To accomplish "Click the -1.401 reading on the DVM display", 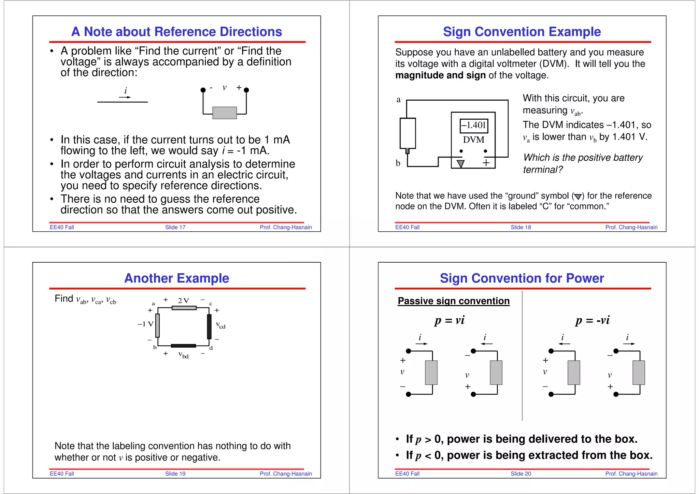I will [474, 125].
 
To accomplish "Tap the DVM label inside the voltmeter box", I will [473, 140].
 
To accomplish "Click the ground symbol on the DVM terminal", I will [460, 164].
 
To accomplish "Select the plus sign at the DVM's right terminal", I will [486, 163].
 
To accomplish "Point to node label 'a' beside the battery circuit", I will [398, 100].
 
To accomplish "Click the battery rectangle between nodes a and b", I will [408, 133].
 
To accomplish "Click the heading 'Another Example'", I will [176, 278].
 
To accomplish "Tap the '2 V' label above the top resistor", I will [183, 301].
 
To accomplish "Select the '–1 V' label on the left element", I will [145, 324].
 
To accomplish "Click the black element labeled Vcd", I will [209, 326].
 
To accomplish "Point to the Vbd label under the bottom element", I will [183, 355].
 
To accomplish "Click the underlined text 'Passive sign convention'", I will [453, 301].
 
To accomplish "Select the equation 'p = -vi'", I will [592, 320].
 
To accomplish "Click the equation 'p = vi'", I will [449, 320].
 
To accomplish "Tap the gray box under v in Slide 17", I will [224, 113].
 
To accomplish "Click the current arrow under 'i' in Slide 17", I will [125, 97].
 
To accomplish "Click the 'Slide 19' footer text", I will [175, 474].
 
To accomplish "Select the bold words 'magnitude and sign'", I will [440, 75].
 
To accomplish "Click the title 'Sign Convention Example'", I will [522, 32].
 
